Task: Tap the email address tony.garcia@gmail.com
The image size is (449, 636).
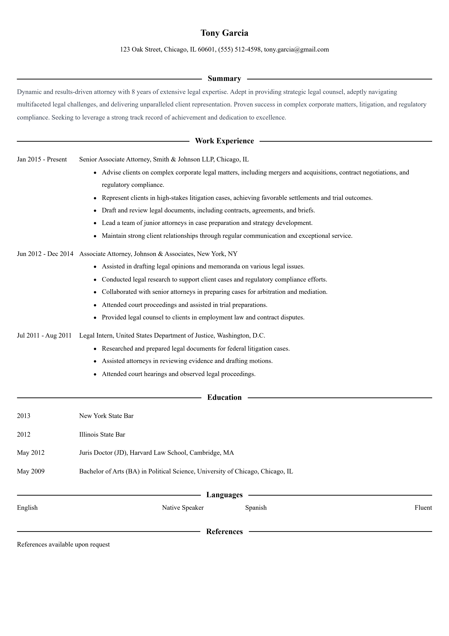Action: [x=296, y=50]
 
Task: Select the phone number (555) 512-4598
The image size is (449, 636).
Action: [x=239, y=50]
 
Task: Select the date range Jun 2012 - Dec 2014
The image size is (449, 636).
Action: [x=45, y=254]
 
